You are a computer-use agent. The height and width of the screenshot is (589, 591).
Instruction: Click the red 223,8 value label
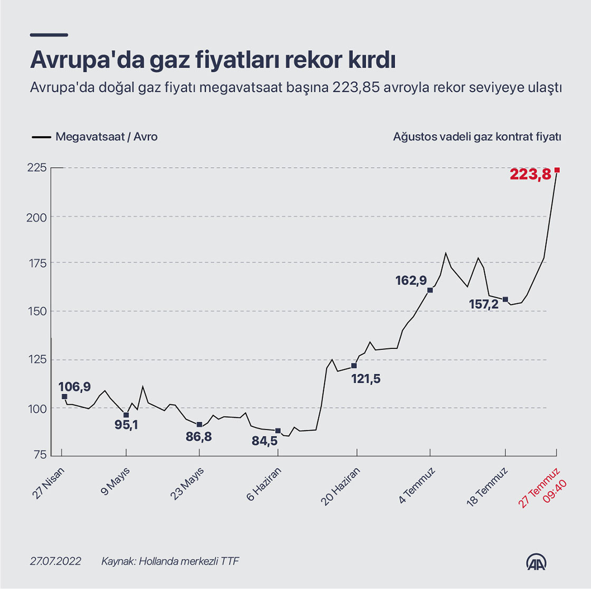pyautogui.click(x=530, y=174)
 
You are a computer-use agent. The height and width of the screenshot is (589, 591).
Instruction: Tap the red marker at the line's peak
pyautogui.click(x=557, y=170)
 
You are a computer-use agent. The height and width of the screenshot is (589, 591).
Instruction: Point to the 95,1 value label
pyautogui.click(x=126, y=425)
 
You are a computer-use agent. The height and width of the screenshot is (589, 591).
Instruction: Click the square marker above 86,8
pyautogui.click(x=199, y=424)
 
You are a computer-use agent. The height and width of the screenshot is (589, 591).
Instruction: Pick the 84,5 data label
pyautogui.click(x=264, y=441)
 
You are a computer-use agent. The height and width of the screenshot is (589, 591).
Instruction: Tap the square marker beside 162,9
pyautogui.click(x=430, y=290)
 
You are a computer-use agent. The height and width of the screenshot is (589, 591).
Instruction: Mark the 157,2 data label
pyautogui.click(x=484, y=305)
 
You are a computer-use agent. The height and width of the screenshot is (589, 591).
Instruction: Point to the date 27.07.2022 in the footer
pyautogui.click(x=55, y=561)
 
